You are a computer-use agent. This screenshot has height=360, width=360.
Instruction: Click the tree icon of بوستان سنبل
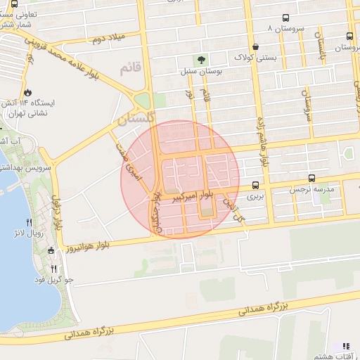click(202, 60)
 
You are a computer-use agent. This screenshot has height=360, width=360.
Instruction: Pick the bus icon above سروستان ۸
click(285, 18)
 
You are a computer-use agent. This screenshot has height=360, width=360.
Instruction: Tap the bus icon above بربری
click(254, 186)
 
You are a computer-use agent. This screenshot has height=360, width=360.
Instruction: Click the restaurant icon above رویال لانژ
click(29, 222)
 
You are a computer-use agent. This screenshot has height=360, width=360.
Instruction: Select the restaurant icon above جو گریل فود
click(54, 269)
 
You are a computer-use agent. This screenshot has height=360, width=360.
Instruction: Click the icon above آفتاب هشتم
click(345, 346)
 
